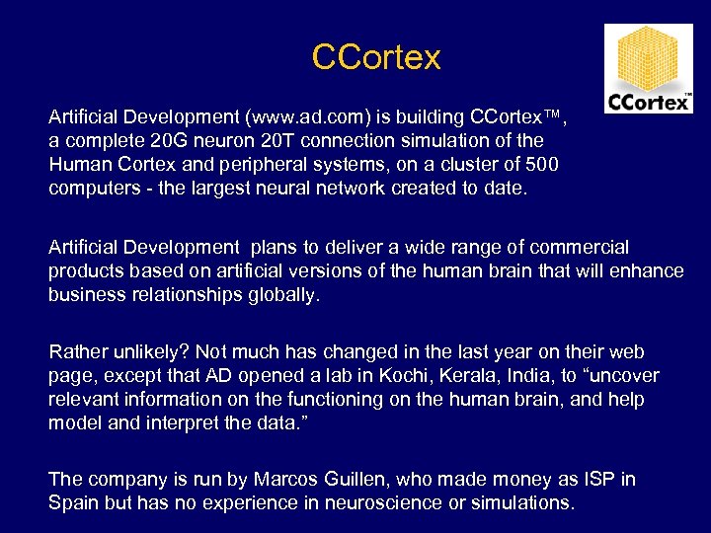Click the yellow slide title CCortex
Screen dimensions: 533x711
[x=375, y=56]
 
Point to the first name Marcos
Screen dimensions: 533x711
[x=287, y=480]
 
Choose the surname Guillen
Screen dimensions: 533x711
[x=359, y=480]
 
